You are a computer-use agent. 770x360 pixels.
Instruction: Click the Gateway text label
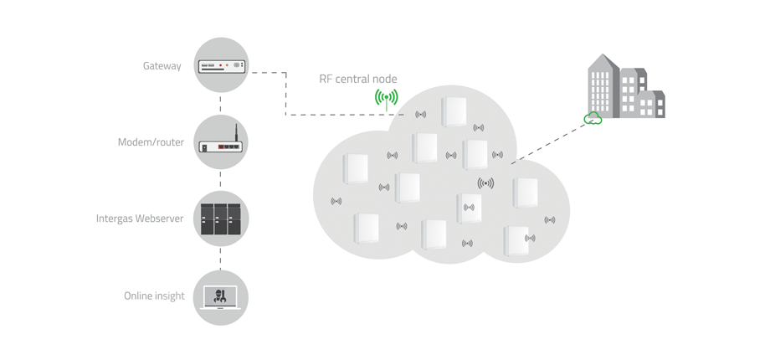pyautogui.click(x=162, y=66)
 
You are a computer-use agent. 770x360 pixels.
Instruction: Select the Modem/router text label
pyautogui.click(x=151, y=142)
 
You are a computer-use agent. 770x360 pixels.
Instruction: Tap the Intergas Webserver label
pyautogui.click(x=140, y=219)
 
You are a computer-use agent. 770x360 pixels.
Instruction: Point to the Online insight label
pyautogui.click(x=154, y=296)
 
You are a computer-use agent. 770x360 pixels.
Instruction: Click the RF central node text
pyautogui.click(x=358, y=80)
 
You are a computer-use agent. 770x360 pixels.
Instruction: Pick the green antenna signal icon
pyautogui.click(x=386, y=99)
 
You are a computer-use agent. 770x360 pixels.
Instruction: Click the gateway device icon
pyautogui.click(x=221, y=64)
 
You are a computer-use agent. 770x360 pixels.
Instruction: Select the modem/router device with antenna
pyautogui.click(x=221, y=144)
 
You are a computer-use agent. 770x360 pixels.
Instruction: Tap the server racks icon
pyautogui.click(x=221, y=219)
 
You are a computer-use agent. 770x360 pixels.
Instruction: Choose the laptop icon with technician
pyautogui.click(x=221, y=296)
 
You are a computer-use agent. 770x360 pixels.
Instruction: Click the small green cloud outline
pyautogui.click(x=593, y=119)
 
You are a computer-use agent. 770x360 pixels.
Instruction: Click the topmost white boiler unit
pyautogui.click(x=454, y=112)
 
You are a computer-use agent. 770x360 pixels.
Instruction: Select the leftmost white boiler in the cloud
pyautogui.click(x=356, y=168)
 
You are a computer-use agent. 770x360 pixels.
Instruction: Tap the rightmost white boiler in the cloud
pyautogui.click(x=526, y=193)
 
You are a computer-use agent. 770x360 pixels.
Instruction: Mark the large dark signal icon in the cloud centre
pyautogui.click(x=485, y=183)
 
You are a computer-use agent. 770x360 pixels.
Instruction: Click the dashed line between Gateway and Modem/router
pyautogui.click(x=221, y=104)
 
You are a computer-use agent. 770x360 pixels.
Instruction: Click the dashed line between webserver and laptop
pyautogui.click(x=221, y=258)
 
